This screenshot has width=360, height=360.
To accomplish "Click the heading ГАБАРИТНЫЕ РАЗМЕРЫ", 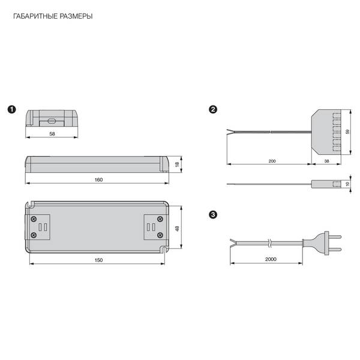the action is pyautogui.click(x=53, y=16).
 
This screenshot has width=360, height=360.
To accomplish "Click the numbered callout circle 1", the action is pyautogui.click(x=12, y=110).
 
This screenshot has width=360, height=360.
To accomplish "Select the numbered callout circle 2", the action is pyautogui.click(x=213, y=110).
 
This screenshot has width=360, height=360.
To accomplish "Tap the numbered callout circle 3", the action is pyautogui.click(x=213, y=215).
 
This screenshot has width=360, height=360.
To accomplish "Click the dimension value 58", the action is pyautogui.click(x=52, y=134).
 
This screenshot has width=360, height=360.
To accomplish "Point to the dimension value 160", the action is pyautogui.click(x=98, y=180).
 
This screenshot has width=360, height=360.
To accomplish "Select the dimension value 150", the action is pyautogui.click(x=98, y=260).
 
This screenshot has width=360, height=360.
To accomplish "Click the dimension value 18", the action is pyautogui.click(x=177, y=164).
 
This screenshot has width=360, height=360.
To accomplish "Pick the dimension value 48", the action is pyautogui.click(x=177, y=229).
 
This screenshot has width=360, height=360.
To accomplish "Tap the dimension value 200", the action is pyautogui.click(x=272, y=161).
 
